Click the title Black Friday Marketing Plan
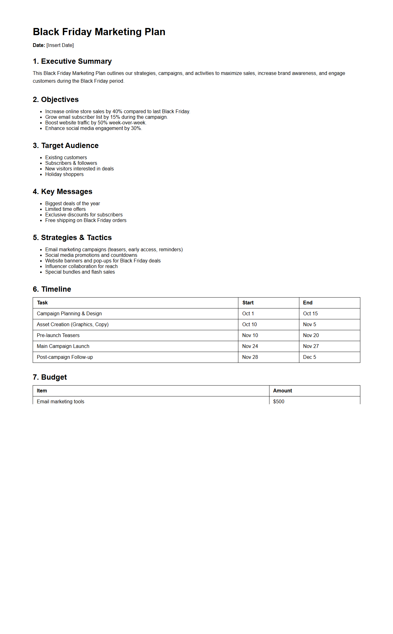pyautogui.click(x=99, y=32)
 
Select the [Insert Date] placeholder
pyautogui.click(x=60, y=45)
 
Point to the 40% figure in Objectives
pyautogui.click(x=117, y=112)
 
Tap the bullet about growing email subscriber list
pyautogui.click(x=106, y=117)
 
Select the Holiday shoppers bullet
pyautogui.click(x=64, y=174)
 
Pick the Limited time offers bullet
pyautogui.click(x=65, y=209)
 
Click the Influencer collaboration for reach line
pyautogui.click(x=82, y=266)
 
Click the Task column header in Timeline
pyautogui.click(x=42, y=303)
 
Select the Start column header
pyautogui.click(x=248, y=303)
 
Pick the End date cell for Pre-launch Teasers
pyautogui.click(x=311, y=336)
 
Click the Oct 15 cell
pyautogui.click(x=310, y=314)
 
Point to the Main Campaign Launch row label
pyautogui.click(x=63, y=346)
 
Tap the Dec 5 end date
pyautogui.click(x=310, y=357)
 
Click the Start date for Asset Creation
pyautogui.click(x=250, y=325)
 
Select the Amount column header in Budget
pyautogui.click(x=283, y=391)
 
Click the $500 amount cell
pyautogui.click(x=279, y=401)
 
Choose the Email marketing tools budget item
pyautogui.click(x=61, y=401)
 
